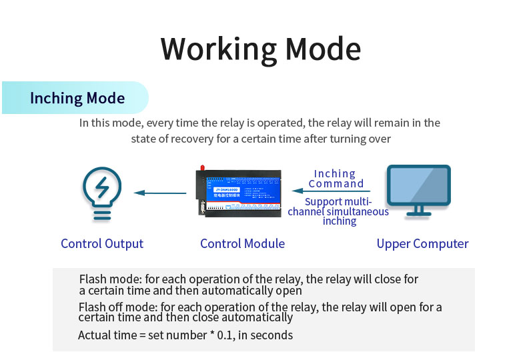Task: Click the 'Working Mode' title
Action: pos(261,49)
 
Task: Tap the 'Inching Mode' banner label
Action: pos(77,99)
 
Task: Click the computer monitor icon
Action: pos(419,190)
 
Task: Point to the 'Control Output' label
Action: pos(102,243)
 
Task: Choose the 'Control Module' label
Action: pos(242,243)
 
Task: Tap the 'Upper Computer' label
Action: pos(422,243)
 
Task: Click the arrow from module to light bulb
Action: pos(160,193)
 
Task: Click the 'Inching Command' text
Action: pos(336,179)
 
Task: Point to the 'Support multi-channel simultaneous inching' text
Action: pos(338,211)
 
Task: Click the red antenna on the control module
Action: pos(199,167)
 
